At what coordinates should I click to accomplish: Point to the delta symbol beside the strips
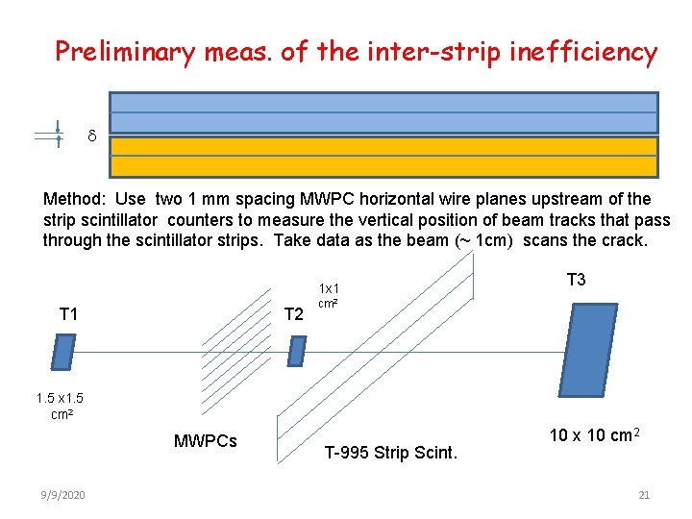click(92, 137)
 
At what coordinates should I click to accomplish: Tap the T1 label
click(69, 313)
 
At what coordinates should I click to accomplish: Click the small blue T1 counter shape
click(63, 352)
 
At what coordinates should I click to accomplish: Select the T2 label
click(294, 314)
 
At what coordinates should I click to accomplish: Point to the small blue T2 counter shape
click(297, 352)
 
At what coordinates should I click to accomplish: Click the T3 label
click(577, 280)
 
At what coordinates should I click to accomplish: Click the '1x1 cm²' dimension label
click(329, 295)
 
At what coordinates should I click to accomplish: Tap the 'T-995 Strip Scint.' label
click(391, 452)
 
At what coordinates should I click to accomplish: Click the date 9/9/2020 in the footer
click(63, 495)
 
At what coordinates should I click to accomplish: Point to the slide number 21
click(644, 495)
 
